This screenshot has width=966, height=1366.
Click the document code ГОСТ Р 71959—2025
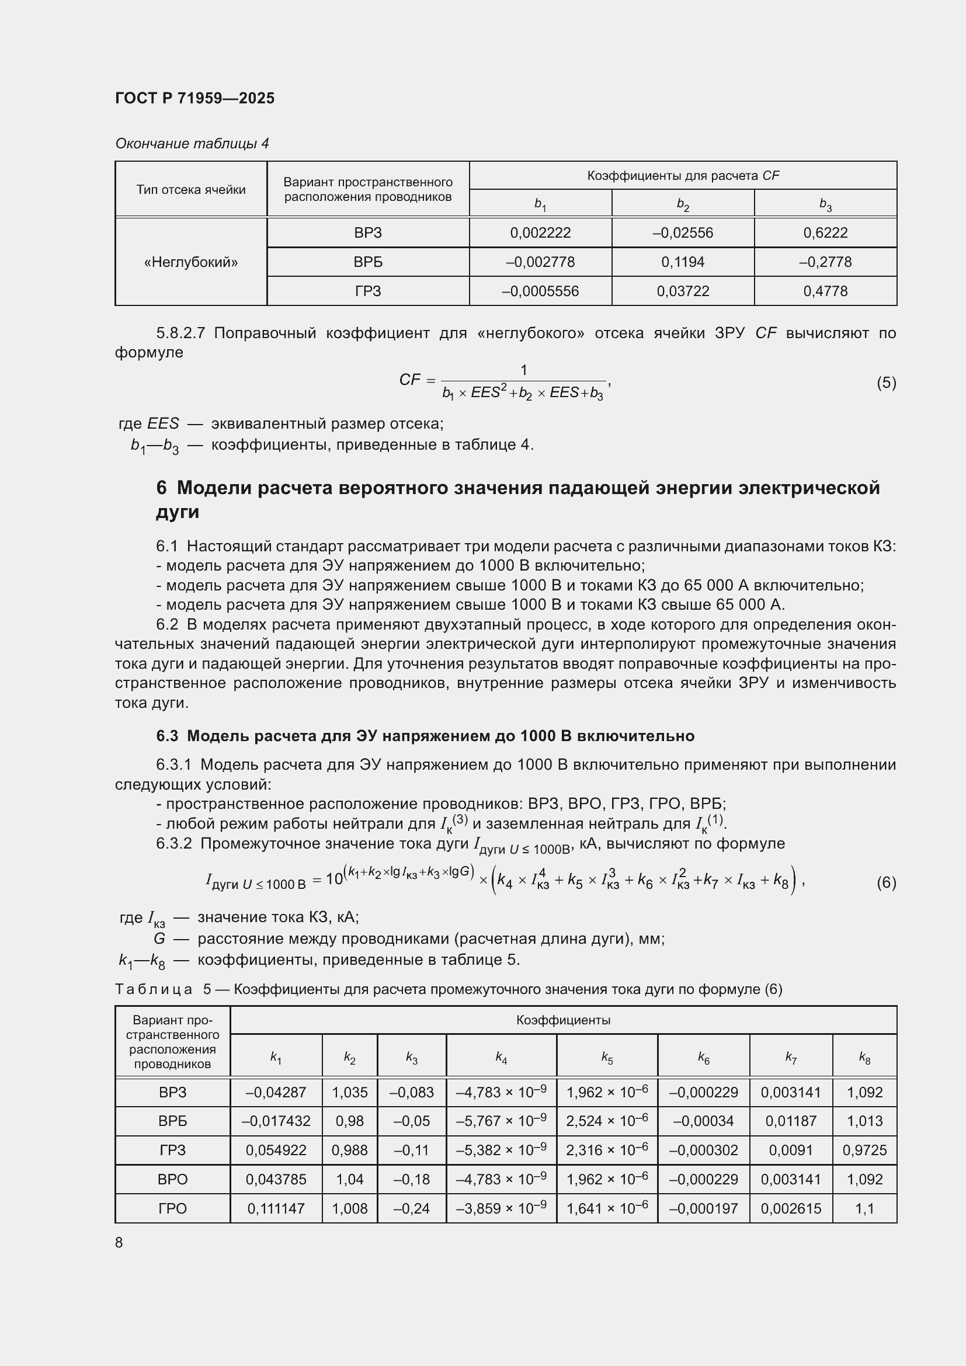click(x=194, y=98)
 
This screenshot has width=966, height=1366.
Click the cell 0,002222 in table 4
click(x=540, y=232)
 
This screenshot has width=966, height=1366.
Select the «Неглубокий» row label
click(x=191, y=262)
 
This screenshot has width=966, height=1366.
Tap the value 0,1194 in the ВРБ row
click(x=682, y=262)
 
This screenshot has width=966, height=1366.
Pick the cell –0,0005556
click(x=540, y=291)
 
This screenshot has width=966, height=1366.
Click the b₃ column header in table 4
click(x=825, y=204)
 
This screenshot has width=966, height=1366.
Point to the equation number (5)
click(x=886, y=383)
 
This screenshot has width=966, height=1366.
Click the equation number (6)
click(x=886, y=882)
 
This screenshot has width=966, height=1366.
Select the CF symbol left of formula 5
click(x=410, y=380)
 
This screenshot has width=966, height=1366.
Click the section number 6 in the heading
click(x=161, y=488)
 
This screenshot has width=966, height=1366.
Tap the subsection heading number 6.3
click(x=167, y=736)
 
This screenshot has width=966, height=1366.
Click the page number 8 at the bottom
click(x=119, y=1242)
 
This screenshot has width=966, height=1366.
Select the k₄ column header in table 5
click(x=501, y=1057)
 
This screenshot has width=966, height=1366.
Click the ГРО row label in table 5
click(x=172, y=1208)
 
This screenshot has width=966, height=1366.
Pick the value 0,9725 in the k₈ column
click(x=864, y=1150)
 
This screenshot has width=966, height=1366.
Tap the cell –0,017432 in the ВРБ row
click(x=276, y=1121)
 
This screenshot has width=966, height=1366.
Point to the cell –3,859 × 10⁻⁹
click(x=501, y=1208)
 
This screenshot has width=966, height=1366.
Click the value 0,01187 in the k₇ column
click(x=791, y=1121)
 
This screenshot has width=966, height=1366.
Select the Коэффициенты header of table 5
click(x=562, y=1020)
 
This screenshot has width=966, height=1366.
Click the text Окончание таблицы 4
click(x=192, y=144)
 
